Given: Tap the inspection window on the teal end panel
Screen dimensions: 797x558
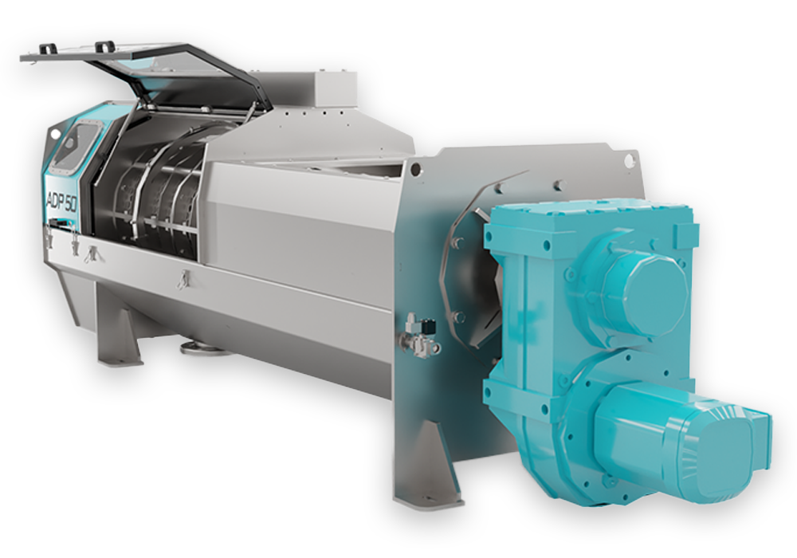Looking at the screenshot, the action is pyautogui.click(x=77, y=143).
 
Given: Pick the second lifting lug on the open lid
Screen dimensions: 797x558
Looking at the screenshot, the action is pyautogui.click(x=105, y=45).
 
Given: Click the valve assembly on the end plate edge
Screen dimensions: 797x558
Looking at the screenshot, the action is pyautogui.click(x=420, y=333).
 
